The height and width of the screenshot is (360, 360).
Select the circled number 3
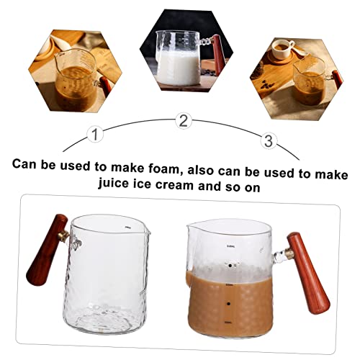coord(269,140)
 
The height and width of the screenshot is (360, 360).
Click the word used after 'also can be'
coord(274,164)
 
